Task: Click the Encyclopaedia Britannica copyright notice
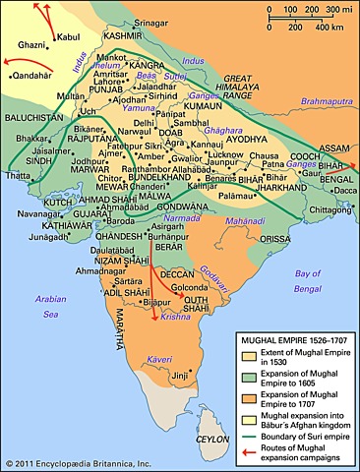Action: [70, 462]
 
